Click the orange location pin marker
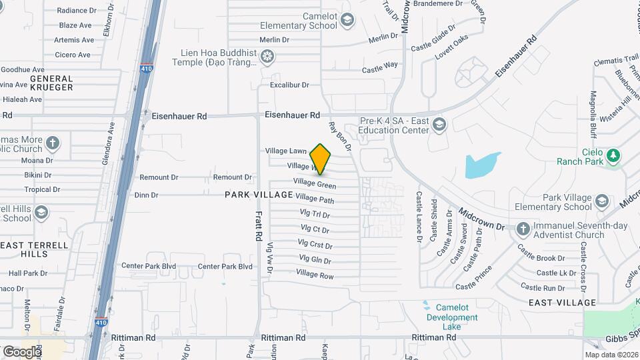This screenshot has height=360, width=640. click(x=321, y=159)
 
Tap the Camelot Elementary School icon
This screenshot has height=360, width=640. click(x=347, y=21)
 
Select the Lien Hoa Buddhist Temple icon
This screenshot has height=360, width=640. click(x=267, y=57)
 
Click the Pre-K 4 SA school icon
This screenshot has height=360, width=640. click(x=439, y=125)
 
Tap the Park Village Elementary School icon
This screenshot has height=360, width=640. click(x=602, y=202)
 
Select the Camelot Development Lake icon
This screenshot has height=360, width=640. click(x=427, y=307)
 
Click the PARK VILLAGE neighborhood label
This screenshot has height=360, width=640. click(x=259, y=195)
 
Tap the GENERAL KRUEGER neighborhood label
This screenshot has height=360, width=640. click(x=51, y=83)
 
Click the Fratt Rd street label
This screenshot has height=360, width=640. click(x=257, y=227)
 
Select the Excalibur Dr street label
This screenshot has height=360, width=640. click(x=290, y=85)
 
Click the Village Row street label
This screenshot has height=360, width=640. click(x=315, y=274)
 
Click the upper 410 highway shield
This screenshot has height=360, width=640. click(x=146, y=67)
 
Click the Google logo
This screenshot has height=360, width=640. click(x=21, y=351)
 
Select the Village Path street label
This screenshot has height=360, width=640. click(x=315, y=199)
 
